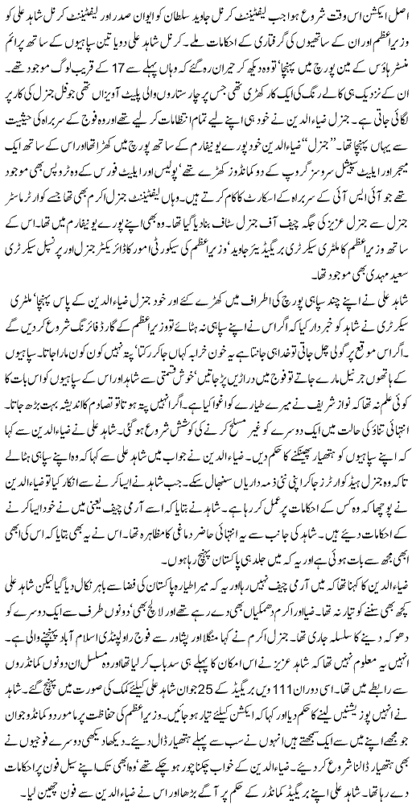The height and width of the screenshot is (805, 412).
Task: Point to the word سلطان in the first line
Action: tap(167, 12)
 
